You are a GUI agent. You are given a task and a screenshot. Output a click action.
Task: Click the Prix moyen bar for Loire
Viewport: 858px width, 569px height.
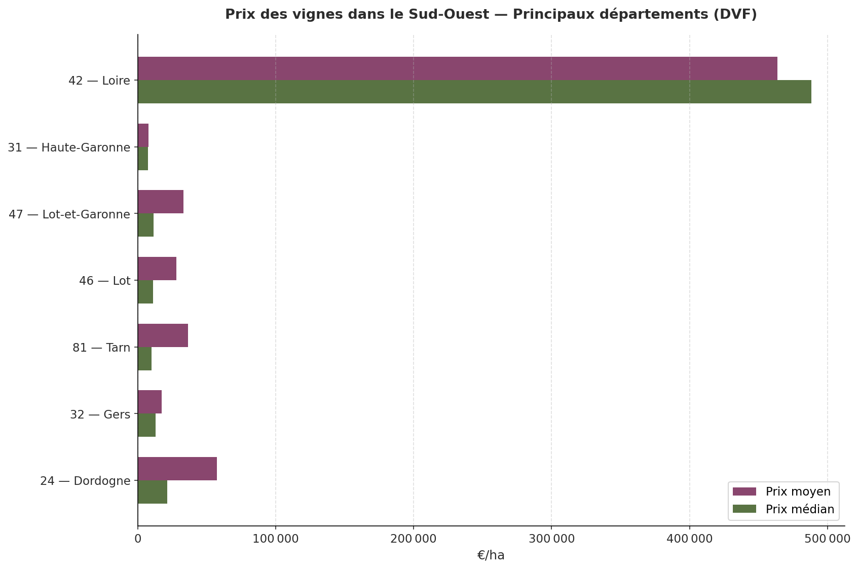coord(457,68)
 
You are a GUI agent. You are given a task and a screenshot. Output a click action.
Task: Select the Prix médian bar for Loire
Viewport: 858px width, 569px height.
coord(474,92)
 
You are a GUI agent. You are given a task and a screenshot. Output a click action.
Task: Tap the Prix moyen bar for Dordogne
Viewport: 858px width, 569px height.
coord(177,469)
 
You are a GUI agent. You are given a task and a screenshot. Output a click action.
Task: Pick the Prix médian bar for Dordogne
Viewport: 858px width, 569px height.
coord(153,492)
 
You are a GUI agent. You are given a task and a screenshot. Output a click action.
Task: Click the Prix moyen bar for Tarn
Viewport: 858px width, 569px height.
coord(163,335)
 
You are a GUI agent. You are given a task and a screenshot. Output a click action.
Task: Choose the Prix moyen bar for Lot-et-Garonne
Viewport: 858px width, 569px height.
coord(161,202)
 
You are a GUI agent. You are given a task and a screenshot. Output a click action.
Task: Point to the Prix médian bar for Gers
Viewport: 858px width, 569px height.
coord(146,425)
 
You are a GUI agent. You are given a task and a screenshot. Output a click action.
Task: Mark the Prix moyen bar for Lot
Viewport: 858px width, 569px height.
coord(157,269)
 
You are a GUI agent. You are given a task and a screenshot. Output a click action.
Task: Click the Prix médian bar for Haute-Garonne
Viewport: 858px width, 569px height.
coord(143,159)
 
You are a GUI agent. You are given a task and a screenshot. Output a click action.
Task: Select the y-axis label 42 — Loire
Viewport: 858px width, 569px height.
coord(99,81)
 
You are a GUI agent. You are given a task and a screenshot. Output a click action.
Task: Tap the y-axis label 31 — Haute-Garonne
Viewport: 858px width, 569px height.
coord(69,147)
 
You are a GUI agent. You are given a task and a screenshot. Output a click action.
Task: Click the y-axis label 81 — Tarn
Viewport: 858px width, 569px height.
coord(101,348)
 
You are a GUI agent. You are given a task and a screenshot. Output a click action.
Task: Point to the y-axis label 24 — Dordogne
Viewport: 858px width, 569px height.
coord(85,481)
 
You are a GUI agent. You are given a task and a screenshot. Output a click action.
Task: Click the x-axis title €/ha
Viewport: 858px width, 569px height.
coord(491,555)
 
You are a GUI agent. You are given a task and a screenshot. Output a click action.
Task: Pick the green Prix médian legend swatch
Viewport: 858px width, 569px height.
coord(744,509)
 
